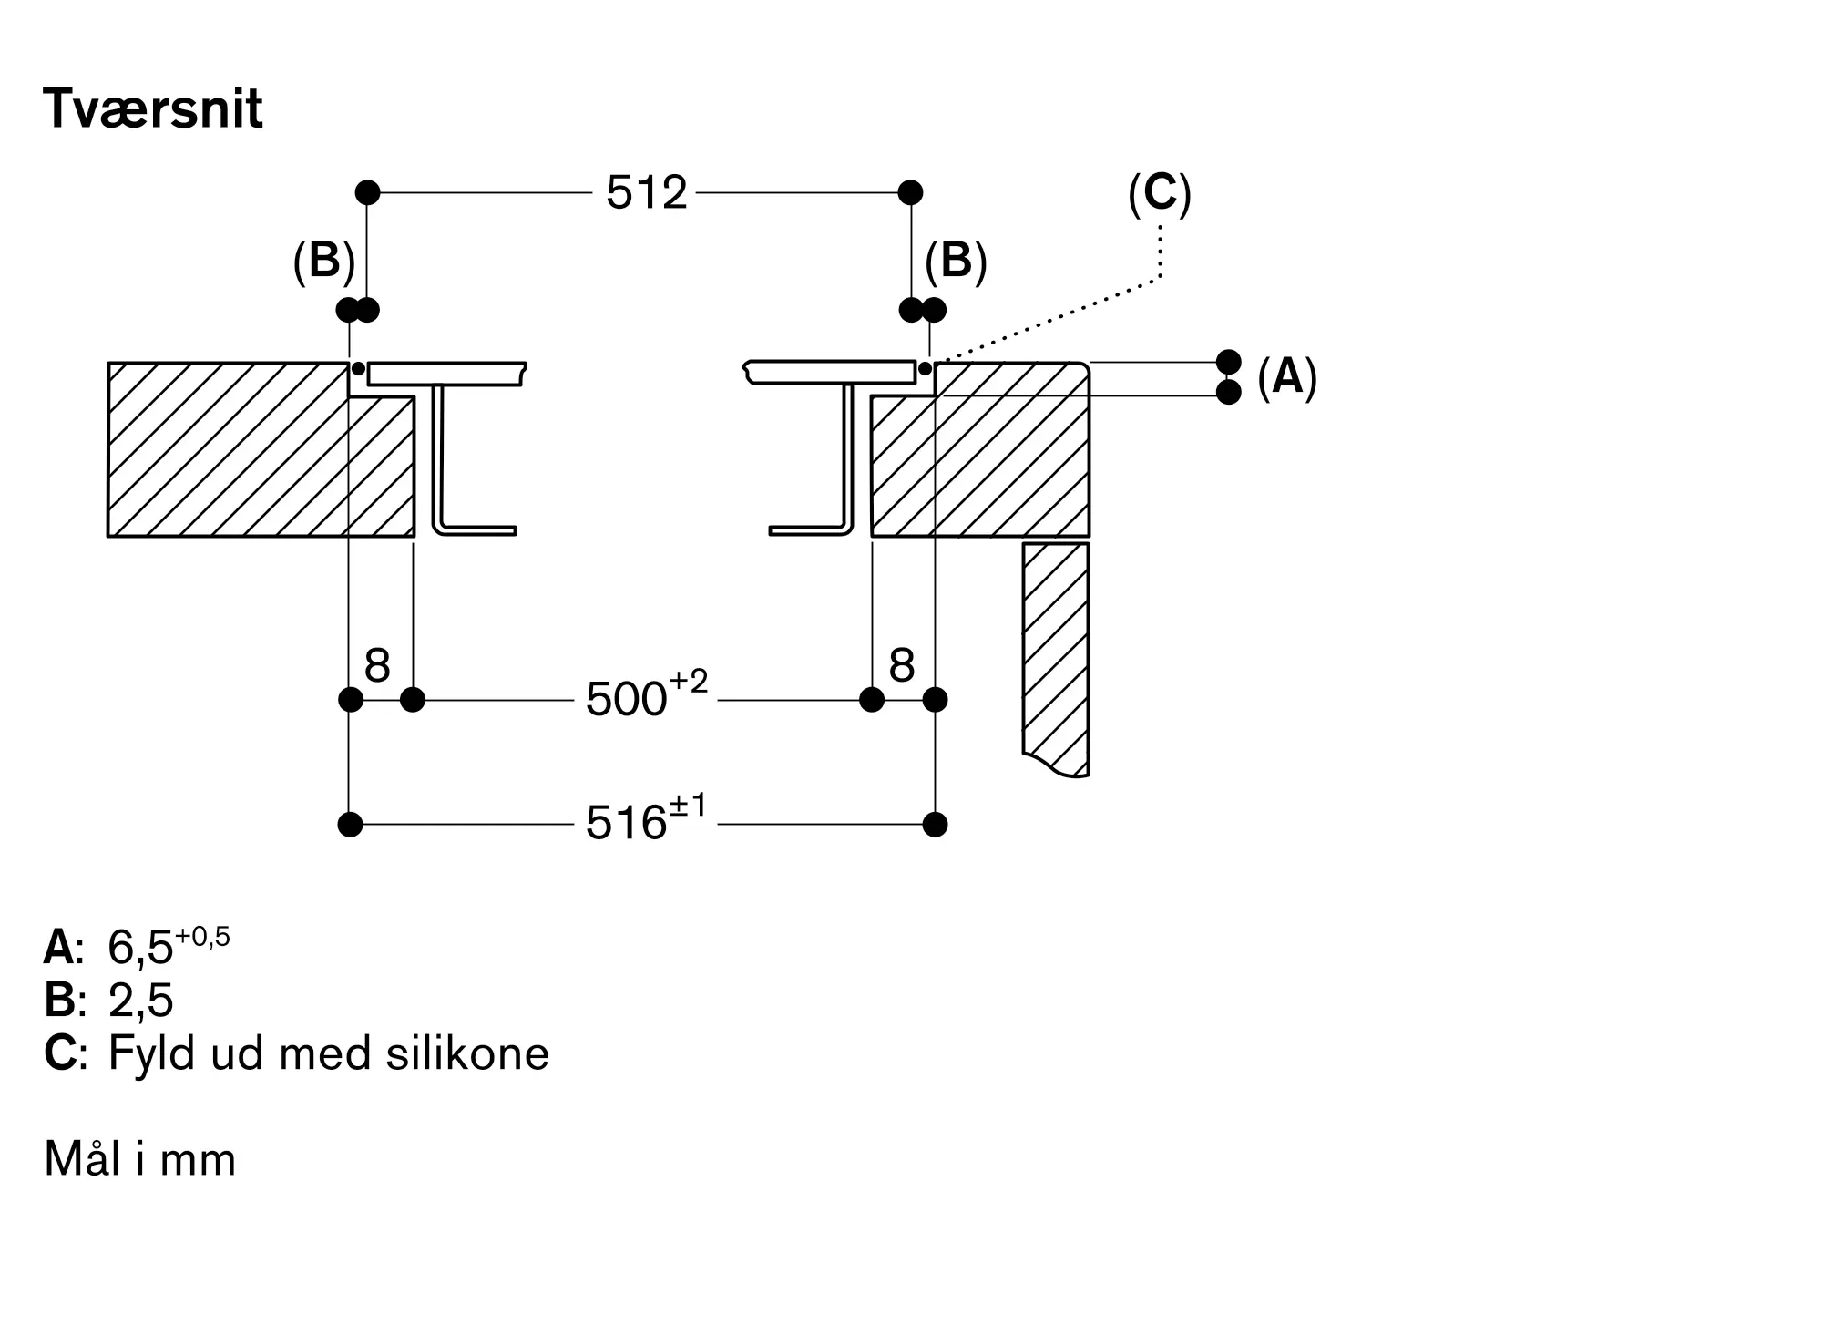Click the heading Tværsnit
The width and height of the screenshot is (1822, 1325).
click(152, 109)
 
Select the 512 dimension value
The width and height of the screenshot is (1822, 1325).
click(646, 193)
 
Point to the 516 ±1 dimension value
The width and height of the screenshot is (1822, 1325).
click(646, 821)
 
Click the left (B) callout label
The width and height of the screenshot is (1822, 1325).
click(323, 262)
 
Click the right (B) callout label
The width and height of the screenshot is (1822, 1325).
click(956, 262)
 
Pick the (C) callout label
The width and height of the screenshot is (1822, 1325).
click(1159, 193)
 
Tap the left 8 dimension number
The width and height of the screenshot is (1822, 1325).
click(377, 666)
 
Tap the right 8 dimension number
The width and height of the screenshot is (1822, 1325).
click(901, 666)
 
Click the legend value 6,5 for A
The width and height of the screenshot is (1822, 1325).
click(140, 949)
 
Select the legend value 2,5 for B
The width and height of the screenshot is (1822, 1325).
click(140, 1001)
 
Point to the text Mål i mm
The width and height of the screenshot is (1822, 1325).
click(139, 1160)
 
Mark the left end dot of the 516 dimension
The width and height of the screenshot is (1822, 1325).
click(350, 825)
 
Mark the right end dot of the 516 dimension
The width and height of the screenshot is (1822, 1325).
click(935, 825)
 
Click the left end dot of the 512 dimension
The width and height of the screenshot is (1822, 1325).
click(367, 192)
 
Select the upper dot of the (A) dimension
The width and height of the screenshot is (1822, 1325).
click(1228, 362)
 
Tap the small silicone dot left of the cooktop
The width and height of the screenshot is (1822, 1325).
click(358, 369)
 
